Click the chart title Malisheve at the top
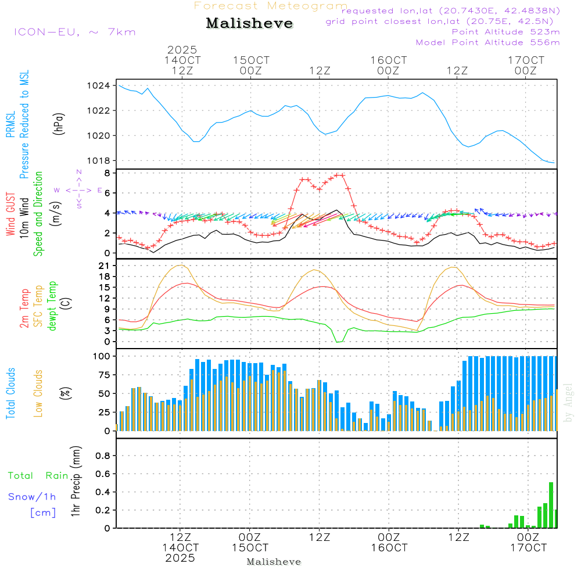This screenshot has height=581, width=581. click(x=250, y=24)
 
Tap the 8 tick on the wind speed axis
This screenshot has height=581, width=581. click(x=107, y=173)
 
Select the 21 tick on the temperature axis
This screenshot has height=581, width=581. click(x=104, y=266)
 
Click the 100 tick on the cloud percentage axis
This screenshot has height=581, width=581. click(x=102, y=356)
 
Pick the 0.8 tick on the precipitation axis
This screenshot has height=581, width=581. click(x=103, y=456)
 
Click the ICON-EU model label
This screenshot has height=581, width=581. click(x=74, y=32)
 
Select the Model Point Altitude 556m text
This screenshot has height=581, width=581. click(x=488, y=42)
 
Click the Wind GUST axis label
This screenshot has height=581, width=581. click(x=11, y=214)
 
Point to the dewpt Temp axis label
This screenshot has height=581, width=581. click(x=53, y=306)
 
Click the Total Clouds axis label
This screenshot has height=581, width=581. click(x=11, y=393)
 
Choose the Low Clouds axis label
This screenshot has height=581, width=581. click(x=39, y=393)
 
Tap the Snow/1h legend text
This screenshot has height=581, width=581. click(x=33, y=497)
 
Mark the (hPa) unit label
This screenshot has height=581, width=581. click(x=59, y=124)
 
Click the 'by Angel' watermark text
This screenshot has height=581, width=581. click(x=569, y=403)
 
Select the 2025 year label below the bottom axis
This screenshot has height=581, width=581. click(x=180, y=558)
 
